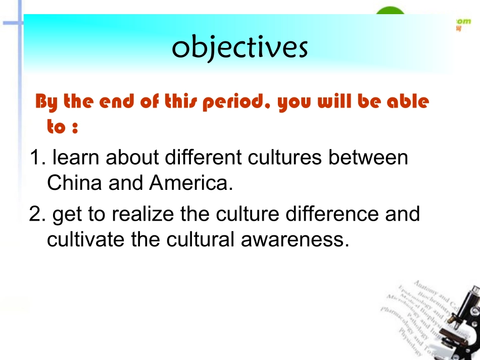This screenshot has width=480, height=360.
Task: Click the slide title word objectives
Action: coord(239,48)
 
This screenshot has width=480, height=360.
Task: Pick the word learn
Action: coord(76,158)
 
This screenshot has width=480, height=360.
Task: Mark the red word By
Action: coord(47,103)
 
